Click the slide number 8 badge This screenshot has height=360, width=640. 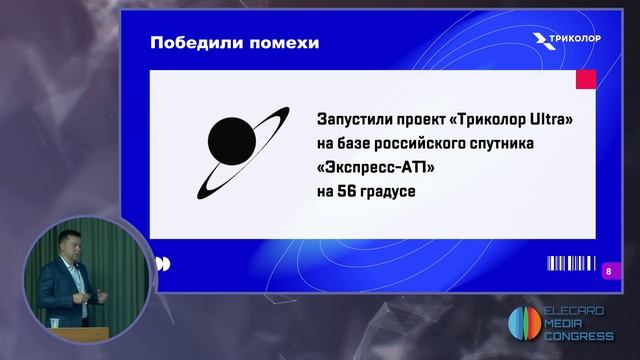[609, 269]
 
